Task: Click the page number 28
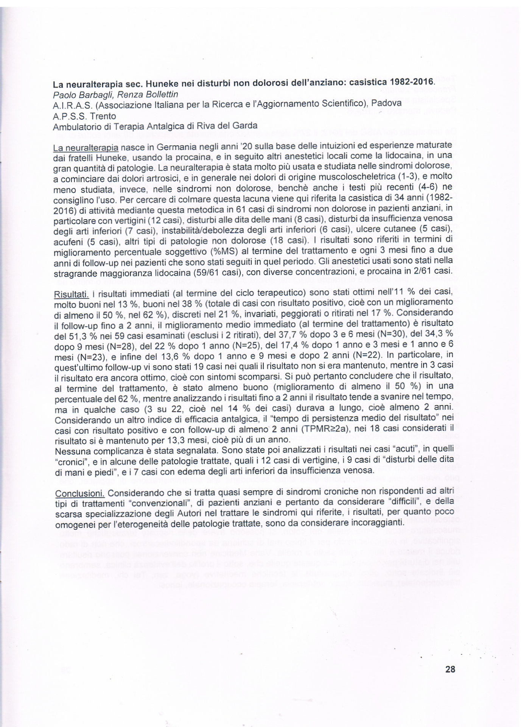(450, 669)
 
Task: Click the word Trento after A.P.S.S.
(103, 116)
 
